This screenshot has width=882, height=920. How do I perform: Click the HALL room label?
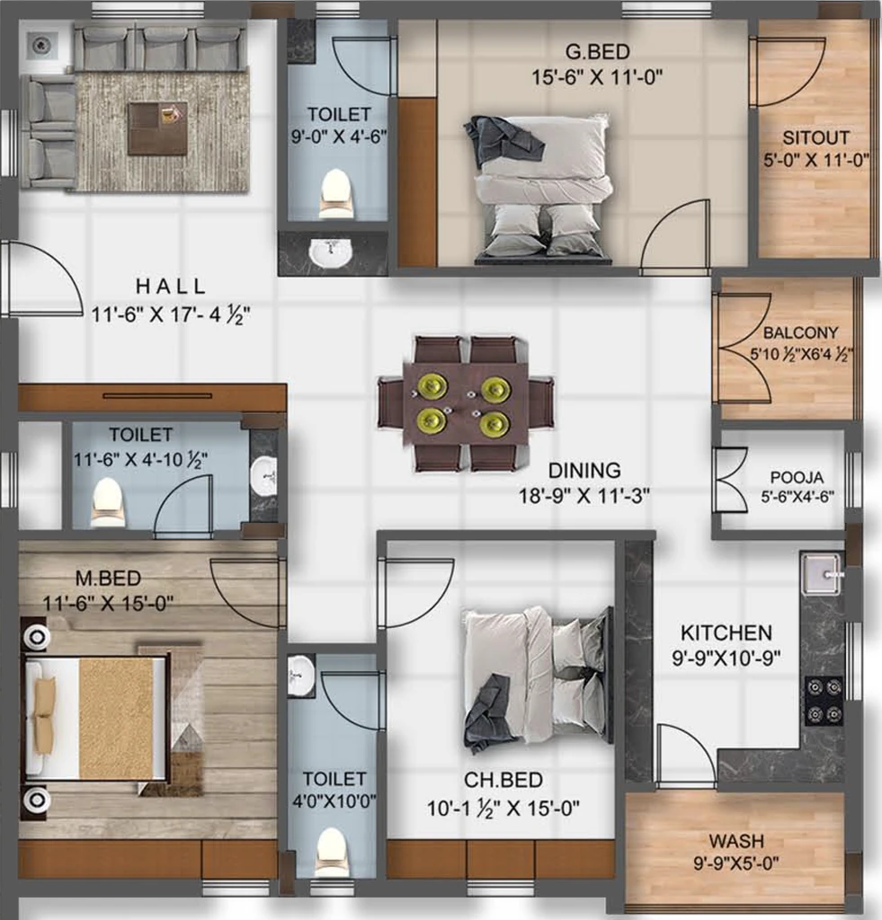[171, 287]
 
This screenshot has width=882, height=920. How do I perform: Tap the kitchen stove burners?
[824, 700]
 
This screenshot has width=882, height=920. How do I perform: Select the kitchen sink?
[823, 573]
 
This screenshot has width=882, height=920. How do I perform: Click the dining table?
[466, 404]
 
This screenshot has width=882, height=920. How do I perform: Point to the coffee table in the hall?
[157, 128]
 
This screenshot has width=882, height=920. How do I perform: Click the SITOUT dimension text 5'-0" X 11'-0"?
[815, 160]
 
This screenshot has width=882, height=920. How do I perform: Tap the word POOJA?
[797, 477]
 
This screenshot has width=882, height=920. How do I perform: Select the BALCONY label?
[800, 332]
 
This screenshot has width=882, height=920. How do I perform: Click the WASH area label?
[736, 841]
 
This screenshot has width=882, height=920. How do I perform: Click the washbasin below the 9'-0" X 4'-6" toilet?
[331, 252]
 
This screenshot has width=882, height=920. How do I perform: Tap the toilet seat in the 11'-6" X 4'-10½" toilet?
[108, 500]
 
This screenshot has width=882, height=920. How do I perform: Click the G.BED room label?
[597, 51]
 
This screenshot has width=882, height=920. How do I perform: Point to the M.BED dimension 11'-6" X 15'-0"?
[108, 603]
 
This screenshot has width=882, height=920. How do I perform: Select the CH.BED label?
[503, 780]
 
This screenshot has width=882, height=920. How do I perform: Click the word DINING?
[584, 470]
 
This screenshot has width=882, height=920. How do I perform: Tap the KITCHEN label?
[726, 632]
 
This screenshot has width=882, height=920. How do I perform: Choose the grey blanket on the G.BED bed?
[502, 139]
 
